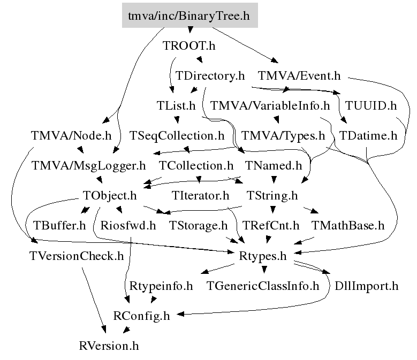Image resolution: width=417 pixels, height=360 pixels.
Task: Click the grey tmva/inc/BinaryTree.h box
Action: point(189,16)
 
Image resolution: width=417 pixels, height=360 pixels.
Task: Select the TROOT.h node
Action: point(188,46)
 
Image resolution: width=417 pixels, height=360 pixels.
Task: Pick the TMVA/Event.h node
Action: point(299,76)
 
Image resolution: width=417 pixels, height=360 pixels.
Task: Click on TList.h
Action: point(176,105)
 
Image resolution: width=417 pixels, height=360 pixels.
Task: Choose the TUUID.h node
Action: point(369,105)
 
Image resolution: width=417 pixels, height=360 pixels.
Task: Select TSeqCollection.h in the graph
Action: point(177,135)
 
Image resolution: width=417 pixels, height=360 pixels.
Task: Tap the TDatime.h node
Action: point(368,135)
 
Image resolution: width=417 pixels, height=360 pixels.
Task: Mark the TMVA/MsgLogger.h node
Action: point(88,165)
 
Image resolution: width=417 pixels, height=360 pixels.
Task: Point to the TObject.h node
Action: point(110,195)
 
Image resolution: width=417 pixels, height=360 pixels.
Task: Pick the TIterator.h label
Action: point(201,195)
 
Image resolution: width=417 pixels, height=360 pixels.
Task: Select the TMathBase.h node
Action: point(347,225)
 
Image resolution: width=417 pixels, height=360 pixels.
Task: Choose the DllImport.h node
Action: point(366,286)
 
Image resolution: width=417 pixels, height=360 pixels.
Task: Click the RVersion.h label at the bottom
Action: point(108,346)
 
